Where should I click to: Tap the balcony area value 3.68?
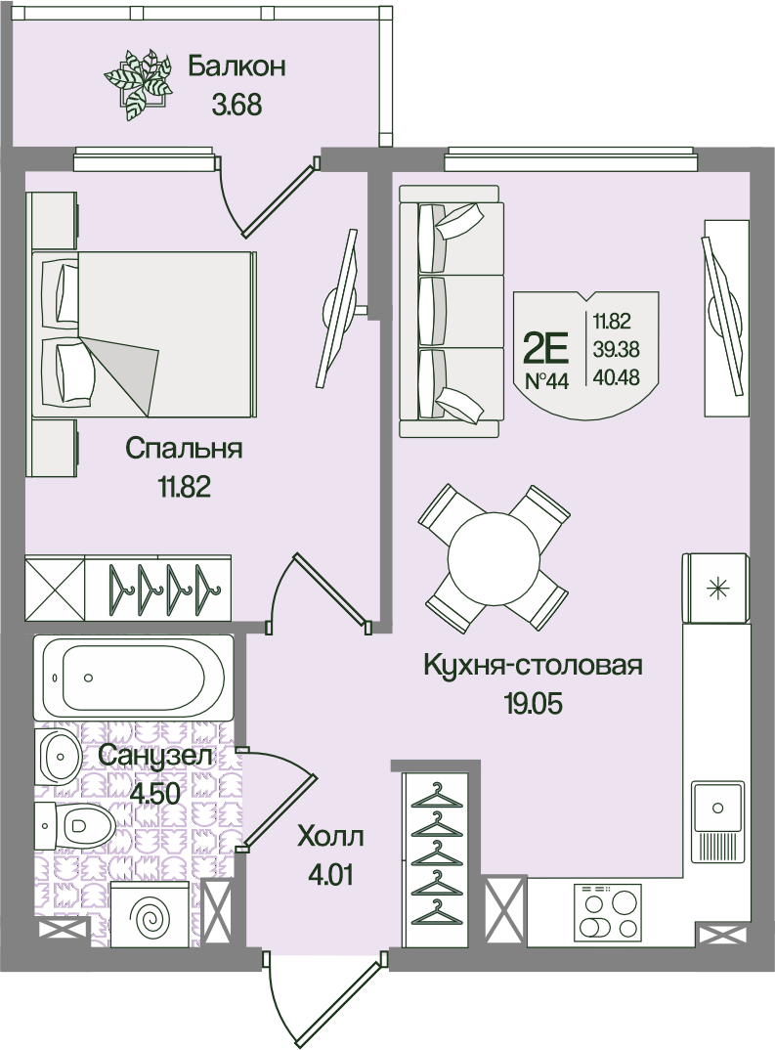(237, 106)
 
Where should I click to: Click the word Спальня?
(184, 448)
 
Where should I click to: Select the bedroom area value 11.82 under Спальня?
(184, 486)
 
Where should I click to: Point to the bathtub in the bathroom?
(133, 677)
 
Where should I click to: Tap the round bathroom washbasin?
(59, 758)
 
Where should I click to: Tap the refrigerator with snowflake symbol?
(715, 588)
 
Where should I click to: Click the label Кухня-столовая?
(534, 666)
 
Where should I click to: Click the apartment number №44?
(546, 381)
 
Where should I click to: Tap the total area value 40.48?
(617, 377)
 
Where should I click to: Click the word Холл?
(331, 837)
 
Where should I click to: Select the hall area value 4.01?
(331, 875)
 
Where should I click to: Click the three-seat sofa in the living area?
(452, 312)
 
